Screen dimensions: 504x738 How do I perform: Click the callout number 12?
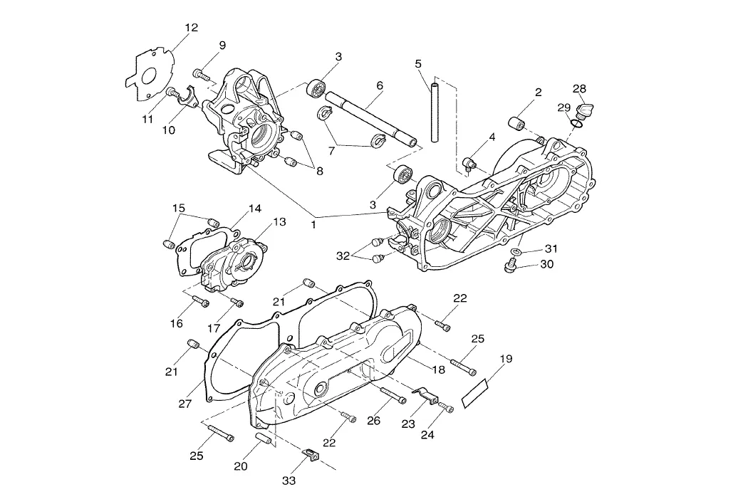[191, 28]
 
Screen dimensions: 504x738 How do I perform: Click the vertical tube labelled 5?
[433, 110]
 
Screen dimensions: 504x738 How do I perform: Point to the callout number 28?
[579, 88]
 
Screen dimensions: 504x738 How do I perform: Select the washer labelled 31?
[515, 253]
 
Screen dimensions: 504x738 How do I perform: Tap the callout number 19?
[505, 359]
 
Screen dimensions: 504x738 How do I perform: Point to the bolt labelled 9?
[202, 73]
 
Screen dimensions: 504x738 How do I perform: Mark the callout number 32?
[343, 256]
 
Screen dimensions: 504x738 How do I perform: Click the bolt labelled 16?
[200, 302]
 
